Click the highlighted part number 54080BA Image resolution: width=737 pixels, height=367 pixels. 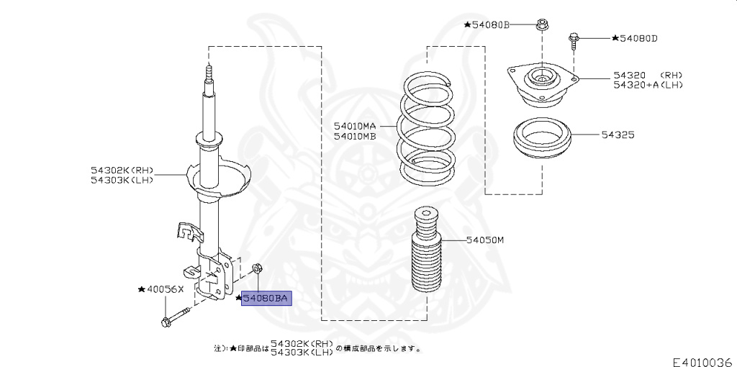[x=266, y=298]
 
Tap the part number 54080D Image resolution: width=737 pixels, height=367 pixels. [x=638, y=38]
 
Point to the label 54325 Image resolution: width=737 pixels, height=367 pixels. [x=618, y=135]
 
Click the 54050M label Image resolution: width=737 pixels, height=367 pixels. [x=485, y=240]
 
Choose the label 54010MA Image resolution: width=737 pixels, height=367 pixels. [x=356, y=127]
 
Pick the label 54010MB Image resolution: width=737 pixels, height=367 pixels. [x=356, y=136]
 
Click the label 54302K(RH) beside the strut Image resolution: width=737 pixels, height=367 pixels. [x=122, y=170]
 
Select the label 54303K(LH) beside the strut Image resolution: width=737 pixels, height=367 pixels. [x=122, y=179]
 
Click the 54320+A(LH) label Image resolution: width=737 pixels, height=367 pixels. [x=648, y=85]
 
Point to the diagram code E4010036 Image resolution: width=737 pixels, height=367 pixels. [x=704, y=362]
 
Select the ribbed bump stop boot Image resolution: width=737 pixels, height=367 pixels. [x=427, y=251]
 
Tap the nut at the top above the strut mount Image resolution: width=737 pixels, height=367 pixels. [x=541, y=25]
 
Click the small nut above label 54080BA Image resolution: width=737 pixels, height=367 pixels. [x=258, y=268]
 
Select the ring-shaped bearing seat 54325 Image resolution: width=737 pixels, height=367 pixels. [x=542, y=139]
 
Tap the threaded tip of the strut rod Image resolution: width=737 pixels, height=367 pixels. [x=209, y=72]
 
